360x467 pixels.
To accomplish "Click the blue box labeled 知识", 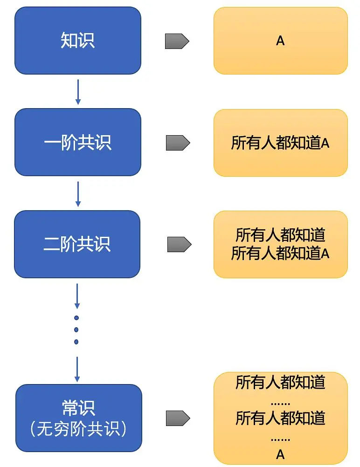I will (x=77, y=41).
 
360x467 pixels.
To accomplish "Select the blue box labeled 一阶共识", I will (x=77, y=142).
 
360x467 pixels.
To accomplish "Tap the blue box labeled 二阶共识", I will (x=77, y=244).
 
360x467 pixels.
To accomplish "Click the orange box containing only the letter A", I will (x=280, y=41).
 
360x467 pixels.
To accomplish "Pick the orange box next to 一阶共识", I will (x=280, y=143).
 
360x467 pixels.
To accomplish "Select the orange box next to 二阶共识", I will (x=280, y=244).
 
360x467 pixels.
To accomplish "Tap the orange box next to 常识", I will (x=280, y=418).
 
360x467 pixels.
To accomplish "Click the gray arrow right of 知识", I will (x=177, y=41).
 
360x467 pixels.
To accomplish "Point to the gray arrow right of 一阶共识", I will (x=178, y=143).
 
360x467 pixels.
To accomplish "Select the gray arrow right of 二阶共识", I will (x=179, y=244).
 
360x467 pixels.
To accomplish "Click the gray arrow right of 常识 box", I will (x=178, y=418).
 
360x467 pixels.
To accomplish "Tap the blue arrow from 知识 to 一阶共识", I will (x=78, y=92).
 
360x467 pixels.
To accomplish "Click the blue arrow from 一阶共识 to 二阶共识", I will (x=78, y=193).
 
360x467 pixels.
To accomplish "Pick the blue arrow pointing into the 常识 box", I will (x=77, y=369).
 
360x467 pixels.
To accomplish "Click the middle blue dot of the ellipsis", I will (x=76, y=330).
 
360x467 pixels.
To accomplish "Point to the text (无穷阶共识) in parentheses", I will (x=78, y=429).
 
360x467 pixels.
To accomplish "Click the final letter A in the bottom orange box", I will (x=280, y=454).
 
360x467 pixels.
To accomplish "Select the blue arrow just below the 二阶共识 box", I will (x=77, y=295).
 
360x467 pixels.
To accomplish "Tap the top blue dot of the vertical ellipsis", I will (x=76, y=318).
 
